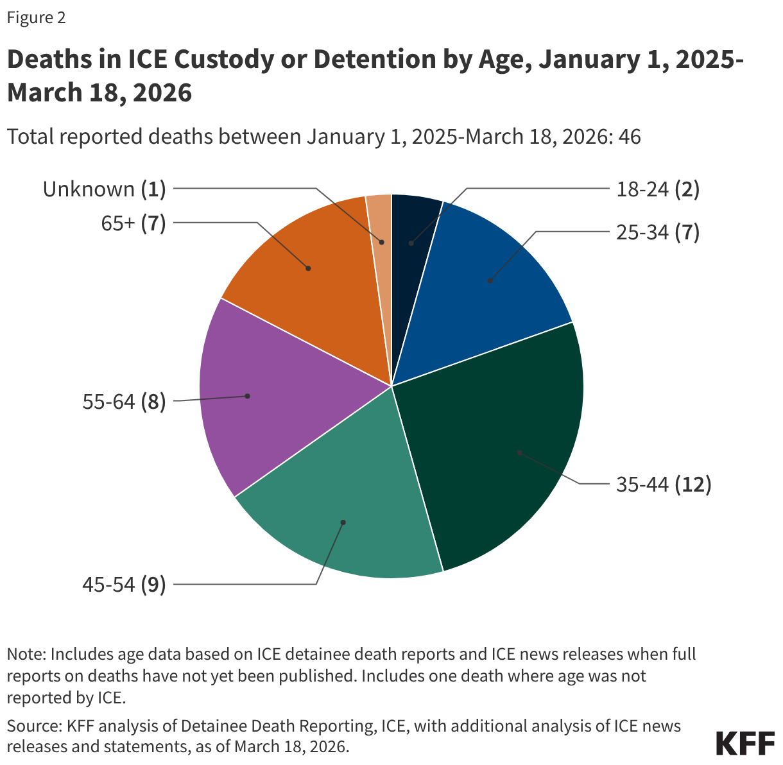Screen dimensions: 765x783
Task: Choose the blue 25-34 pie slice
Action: pos(494,276)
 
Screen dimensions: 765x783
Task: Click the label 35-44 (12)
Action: pos(664,485)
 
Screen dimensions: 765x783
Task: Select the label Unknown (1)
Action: pos(105,189)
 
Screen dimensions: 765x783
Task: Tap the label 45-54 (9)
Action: pos(124,585)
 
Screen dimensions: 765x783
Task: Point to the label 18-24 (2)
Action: pos(657,189)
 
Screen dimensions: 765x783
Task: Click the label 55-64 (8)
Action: pos(124,402)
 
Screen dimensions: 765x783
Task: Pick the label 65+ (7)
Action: pos(133,223)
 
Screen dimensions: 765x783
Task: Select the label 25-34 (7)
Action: pos(657,232)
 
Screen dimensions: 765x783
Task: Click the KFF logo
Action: pos(744,743)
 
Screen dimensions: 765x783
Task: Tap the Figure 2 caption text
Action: pos(36,18)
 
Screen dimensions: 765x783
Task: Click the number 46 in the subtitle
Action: pos(629,137)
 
